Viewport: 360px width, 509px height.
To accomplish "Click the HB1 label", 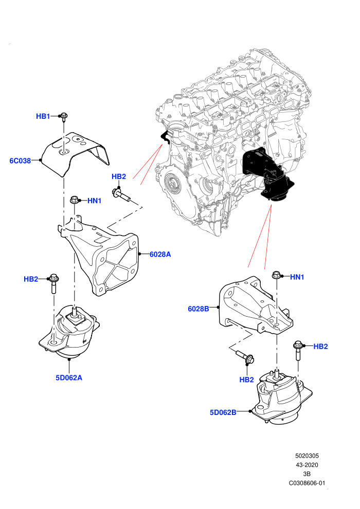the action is coord(43,116).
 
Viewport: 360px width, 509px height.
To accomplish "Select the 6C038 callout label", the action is coord(20,161).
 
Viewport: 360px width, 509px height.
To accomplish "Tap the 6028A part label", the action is coord(160,254).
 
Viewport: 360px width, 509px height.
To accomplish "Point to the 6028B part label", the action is coord(199,308).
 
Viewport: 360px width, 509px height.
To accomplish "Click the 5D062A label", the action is coord(69,377).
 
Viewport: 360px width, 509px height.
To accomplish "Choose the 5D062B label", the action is coord(223,412).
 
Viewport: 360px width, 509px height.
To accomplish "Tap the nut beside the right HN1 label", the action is coord(277,275).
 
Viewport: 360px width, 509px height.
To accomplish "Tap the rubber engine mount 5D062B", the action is coord(282,397).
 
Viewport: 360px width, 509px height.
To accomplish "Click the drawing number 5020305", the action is coord(307,456).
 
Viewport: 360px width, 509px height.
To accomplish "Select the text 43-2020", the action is coord(307,465).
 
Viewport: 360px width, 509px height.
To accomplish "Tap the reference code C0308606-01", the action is coord(307,483).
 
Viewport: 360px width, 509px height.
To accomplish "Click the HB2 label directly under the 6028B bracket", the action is coord(246,379).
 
